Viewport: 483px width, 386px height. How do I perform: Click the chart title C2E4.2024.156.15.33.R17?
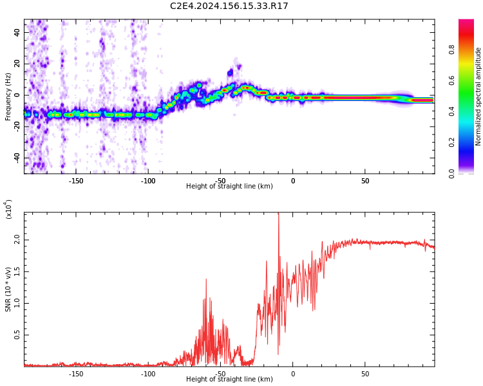coord(229,6)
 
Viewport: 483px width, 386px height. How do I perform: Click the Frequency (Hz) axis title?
coord(8,96)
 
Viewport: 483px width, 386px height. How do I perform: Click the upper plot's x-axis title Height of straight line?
coord(229,187)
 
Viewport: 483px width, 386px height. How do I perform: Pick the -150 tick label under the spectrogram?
coord(75,181)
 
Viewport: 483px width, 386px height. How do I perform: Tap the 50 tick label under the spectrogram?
coord(365,181)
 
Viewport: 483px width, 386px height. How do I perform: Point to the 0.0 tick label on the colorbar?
coord(451,173)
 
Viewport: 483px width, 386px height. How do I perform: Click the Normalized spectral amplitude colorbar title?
coord(478,96)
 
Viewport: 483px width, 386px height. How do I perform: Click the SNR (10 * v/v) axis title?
coord(8,289)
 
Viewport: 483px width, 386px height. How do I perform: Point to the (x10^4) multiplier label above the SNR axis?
coord(8,210)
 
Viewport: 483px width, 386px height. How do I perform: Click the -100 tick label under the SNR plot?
coord(148,374)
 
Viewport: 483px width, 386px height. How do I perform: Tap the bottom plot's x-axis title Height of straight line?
coord(229,380)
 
